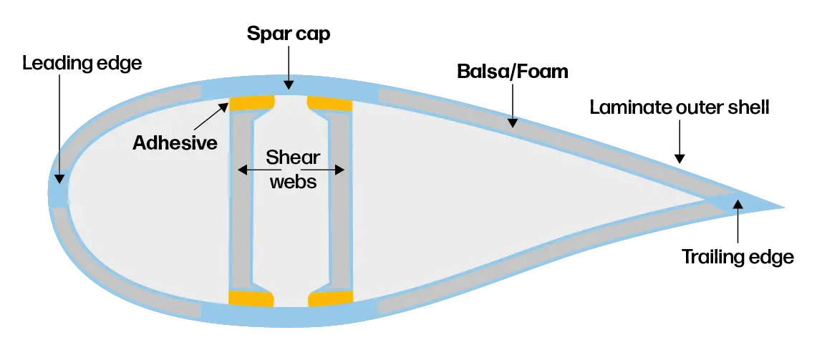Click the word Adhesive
click(x=175, y=142)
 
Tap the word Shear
click(x=291, y=157)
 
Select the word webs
click(x=291, y=181)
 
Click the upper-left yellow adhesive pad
click(x=251, y=104)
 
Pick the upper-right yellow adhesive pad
click(x=330, y=104)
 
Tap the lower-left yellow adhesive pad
click(x=251, y=298)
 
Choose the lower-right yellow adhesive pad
click(x=330, y=298)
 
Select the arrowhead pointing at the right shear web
click(x=341, y=170)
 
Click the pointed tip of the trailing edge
click(x=788, y=209)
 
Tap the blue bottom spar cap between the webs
click(x=290, y=315)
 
